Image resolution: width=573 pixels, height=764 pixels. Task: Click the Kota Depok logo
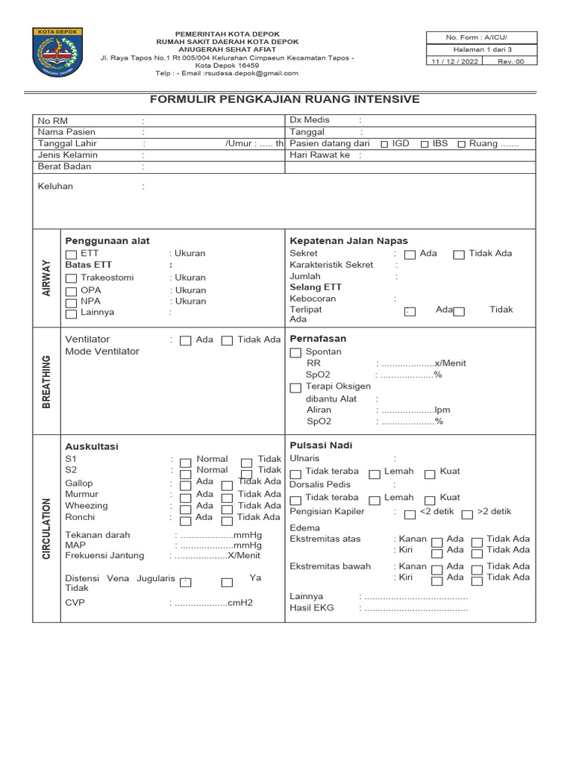tap(57, 52)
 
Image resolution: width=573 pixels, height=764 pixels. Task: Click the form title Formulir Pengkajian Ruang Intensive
tap(285, 99)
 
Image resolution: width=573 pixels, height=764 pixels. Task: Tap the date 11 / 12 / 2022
tap(454, 62)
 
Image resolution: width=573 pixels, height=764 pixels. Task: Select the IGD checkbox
tap(383, 144)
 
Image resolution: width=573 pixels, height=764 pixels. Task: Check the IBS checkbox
tap(424, 144)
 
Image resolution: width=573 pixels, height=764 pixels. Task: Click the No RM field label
tap(53, 120)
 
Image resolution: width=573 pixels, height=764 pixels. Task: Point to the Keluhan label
tap(55, 187)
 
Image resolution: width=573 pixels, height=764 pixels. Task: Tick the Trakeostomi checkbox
tap(71, 278)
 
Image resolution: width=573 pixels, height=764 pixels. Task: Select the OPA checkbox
tap(71, 291)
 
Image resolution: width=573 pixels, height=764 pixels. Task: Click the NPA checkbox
tap(71, 302)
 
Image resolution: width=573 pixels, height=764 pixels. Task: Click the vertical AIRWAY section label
tap(46, 278)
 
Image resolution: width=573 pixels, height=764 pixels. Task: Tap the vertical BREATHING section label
tap(46, 381)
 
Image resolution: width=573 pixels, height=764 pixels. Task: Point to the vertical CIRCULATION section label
tap(46, 528)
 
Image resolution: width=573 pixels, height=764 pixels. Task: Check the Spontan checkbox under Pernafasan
tap(295, 352)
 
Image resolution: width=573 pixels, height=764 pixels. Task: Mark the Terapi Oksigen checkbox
tap(295, 387)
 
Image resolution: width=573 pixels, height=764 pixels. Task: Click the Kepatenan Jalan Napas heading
tap(348, 241)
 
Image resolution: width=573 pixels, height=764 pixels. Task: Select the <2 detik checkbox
tap(410, 514)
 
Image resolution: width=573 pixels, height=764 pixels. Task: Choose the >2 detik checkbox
tap(466, 514)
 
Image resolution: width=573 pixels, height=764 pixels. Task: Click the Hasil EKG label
tap(311, 608)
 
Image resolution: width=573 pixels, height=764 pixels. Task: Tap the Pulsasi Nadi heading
tap(321, 445)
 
